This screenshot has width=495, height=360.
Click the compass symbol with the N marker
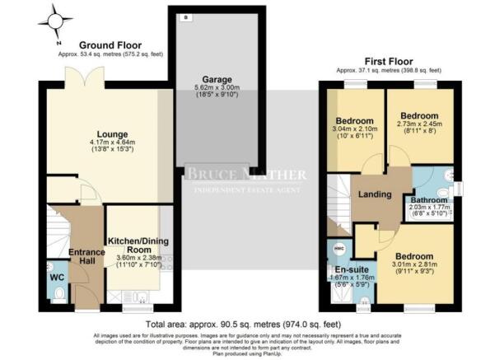(x=56, y=21)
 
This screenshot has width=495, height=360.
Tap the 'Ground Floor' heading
(x=110, y=45)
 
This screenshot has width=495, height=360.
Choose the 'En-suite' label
(x=350, y=268)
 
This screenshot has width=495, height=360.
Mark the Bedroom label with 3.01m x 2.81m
(x=415, y=256)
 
